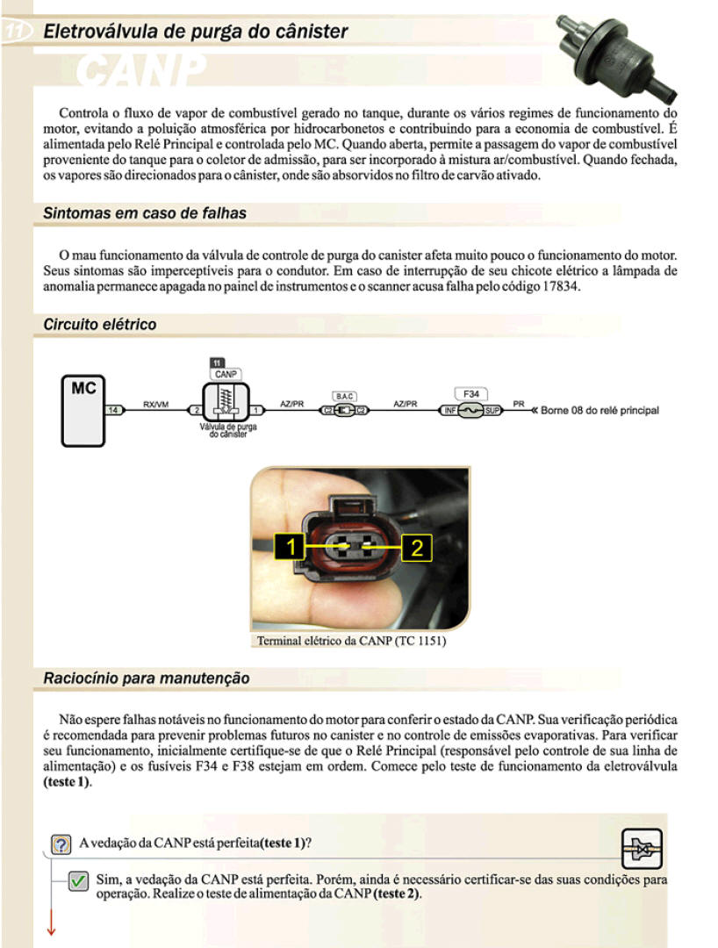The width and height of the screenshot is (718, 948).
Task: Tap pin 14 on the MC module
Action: click(x=113, y=410)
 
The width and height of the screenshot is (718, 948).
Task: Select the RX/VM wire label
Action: click(x=155, y=404)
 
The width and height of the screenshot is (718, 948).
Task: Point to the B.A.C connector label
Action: click(x=344, y=397)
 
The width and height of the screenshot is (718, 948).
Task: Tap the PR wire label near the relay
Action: click(x=518, y=404)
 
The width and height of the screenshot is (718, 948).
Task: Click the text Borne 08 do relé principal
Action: click(x=600, y=410)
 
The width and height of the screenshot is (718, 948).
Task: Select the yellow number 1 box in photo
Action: click(x=291, y=548)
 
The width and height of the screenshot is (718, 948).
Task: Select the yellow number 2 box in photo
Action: click(x=417, y=548)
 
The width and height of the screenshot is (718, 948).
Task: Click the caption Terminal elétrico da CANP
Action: click(x=351, y=641)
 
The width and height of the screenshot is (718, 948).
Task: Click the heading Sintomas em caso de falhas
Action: click(x=145, y=213)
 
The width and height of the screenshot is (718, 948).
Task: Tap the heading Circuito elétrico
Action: click(x=100, y=325)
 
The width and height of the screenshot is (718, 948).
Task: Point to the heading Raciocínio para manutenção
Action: click(x=147, y=679)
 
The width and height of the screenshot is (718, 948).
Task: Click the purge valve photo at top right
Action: click(x=620, y=54)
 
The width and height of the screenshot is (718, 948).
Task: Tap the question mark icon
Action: click(x=61, y=844)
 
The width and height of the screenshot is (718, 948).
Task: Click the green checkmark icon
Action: click(x=78, y=880)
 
